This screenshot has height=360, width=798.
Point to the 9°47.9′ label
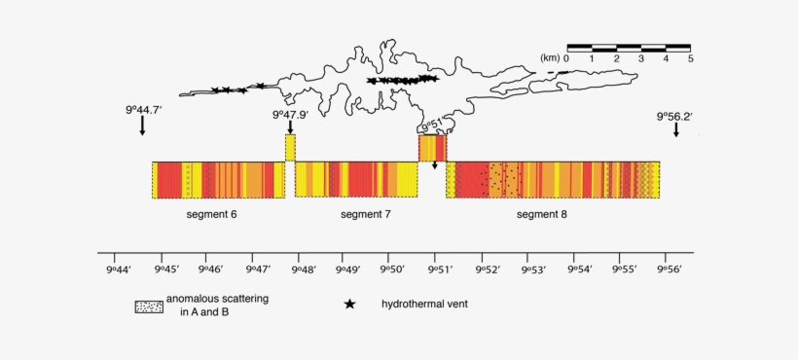pos(291,115)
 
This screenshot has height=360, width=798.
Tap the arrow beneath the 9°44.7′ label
pos(142,126)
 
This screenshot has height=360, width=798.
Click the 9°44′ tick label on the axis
pos(119,270)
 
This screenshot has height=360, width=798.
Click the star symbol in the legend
pos(349,305)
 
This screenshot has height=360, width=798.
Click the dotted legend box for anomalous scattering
pos(148,306)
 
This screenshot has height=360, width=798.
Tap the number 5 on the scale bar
pos(690,59)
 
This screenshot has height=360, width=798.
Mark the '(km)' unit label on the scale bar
pos(550,58)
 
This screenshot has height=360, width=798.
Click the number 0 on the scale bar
pos(566,59)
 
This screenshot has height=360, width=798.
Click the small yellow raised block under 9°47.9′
pos(290,148)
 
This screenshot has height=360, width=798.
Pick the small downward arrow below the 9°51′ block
pos(435,165)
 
